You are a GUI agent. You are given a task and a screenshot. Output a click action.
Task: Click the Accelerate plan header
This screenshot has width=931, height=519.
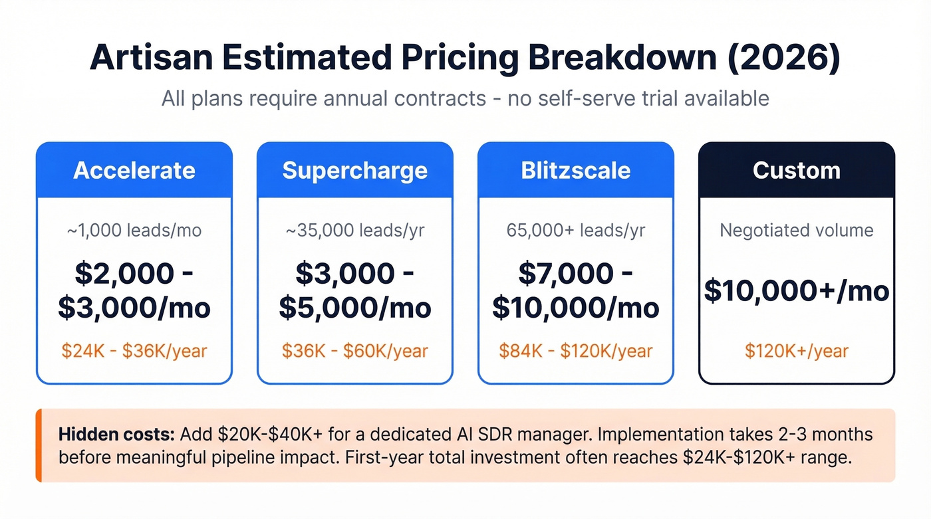[x=134, y=170]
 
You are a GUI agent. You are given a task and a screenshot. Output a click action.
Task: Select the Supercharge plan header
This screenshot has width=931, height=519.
[x=354, y=170]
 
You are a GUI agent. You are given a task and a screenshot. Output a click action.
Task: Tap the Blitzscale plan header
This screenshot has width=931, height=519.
[x=575, y=170]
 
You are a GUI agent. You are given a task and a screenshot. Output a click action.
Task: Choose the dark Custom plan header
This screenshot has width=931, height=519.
[x=796, y=170]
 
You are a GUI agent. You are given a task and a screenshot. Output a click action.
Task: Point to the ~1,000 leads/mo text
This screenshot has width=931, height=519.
[x=134, y=231]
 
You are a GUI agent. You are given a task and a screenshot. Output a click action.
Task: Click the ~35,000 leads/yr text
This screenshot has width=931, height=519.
[x=354, y=231]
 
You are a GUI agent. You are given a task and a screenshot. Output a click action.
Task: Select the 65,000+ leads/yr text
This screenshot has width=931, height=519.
[x=575, y=231]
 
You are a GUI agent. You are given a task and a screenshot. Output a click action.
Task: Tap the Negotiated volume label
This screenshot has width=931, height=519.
[x=796, y=231]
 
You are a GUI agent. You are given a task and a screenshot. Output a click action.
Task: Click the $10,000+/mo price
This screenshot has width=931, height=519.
[x=796, y=291]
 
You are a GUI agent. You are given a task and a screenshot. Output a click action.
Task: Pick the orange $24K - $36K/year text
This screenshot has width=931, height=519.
[x=134, y=350]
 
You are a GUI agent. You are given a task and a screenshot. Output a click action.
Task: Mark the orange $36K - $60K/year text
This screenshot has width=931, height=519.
[x=354, y=350]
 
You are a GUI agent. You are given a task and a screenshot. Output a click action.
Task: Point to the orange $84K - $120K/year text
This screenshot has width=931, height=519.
[x=575, y=350]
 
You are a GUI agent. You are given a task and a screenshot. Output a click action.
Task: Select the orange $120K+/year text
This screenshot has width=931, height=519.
[x=796, y=350]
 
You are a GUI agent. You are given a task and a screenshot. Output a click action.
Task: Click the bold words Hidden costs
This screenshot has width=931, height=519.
[x=116, y=435]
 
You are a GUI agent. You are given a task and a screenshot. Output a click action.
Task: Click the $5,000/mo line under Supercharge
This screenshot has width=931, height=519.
[x=354, y=308]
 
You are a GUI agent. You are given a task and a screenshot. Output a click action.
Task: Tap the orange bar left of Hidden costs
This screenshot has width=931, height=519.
[x=39, y=445]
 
